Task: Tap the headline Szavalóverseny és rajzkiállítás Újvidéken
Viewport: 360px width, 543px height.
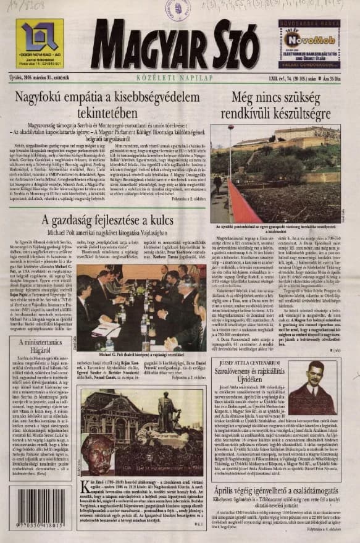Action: point(259,373)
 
